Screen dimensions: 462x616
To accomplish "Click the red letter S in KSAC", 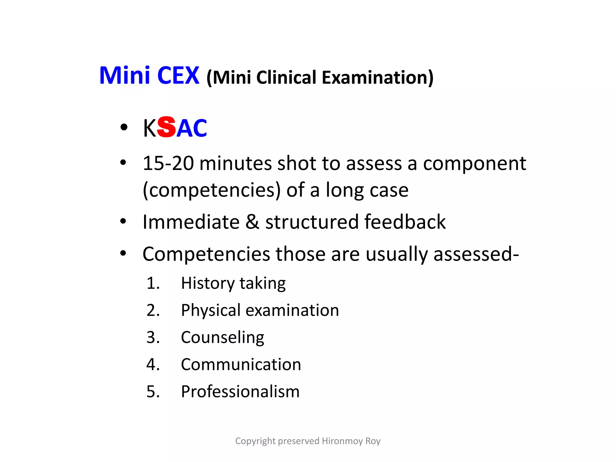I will (x=166, y=127).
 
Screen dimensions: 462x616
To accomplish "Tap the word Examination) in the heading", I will (x=377, y=78).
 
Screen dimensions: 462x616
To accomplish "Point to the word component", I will (x=474, y=164).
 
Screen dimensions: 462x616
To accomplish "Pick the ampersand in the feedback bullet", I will (x=252, y=222).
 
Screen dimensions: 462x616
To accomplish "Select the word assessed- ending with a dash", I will (x=476, y=254).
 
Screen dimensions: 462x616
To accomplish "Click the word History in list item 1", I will (x=208, y=283).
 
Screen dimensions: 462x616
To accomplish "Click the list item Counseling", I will (x=223, y=337).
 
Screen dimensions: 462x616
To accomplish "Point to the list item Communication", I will (x=241, y=365).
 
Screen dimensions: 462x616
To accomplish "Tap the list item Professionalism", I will (x=240, y=392).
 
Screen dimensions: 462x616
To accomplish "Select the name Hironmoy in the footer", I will (x=342, y=441).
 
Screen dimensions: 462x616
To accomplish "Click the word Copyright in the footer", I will (x=255, y=441).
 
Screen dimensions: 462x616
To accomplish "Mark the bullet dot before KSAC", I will (x=123, y=128).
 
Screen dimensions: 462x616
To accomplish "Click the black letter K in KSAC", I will (x=149, y=128).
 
